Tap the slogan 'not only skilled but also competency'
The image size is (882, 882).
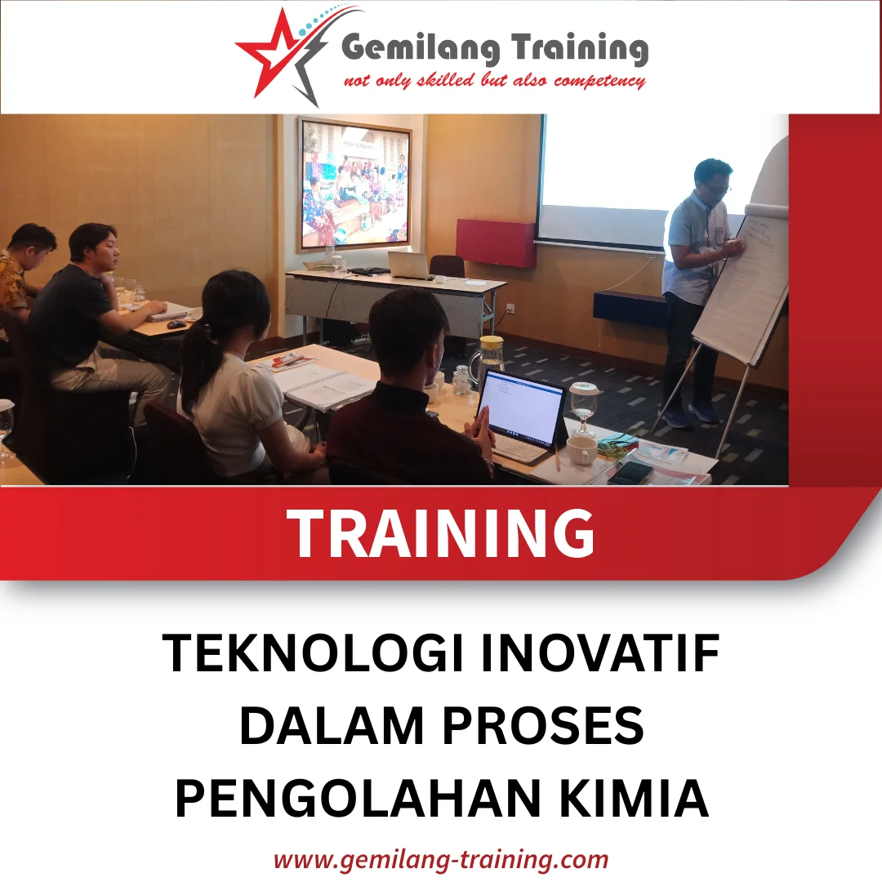click(x=494, y=81)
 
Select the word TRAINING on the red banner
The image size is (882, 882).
click(x=441, y=533)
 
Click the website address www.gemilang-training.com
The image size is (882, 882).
click(x=441, y=859)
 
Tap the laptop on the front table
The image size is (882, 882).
click(x=408, y=265)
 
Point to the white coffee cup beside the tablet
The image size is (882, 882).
click(x=581, y=450)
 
